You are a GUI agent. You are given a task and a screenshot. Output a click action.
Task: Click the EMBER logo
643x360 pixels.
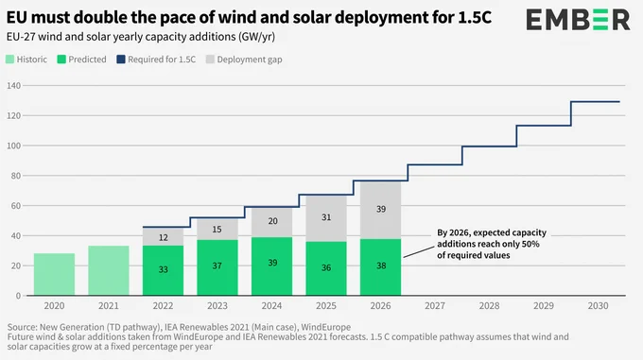[578, 19]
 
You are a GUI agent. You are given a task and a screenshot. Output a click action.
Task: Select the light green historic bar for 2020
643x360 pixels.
[54, 274]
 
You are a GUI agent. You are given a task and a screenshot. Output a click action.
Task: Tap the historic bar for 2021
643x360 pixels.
[109, 270]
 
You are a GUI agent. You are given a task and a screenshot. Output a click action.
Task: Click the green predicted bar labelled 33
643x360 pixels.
[163, 270]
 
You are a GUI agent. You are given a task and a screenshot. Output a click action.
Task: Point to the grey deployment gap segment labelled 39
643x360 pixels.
[380, 210]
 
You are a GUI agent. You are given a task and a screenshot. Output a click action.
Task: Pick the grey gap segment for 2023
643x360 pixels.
[217, 230]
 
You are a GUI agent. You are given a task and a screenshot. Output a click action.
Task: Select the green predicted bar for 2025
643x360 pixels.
[326, 268]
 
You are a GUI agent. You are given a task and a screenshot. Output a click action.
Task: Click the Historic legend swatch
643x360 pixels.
[9, 60]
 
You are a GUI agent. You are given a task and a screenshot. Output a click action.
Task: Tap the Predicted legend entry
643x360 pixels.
[82, 60]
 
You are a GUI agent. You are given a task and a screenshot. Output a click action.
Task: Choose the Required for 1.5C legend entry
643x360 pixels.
[156, 60]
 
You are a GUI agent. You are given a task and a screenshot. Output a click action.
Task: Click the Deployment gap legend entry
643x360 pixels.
[244, 60]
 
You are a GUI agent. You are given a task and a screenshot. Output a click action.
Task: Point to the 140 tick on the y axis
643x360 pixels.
[13, 86]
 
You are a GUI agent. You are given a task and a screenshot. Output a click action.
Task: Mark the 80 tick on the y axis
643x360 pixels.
[15, 176]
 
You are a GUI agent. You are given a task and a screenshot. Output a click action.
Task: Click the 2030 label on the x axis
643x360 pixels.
[598, 306]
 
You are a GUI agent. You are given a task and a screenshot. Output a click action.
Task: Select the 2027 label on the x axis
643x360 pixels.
[435, 306]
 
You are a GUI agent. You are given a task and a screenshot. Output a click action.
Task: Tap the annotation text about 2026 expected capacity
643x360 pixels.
[492, 244]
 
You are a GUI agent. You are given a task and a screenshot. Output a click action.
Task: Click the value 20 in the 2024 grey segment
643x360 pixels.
[272, 221]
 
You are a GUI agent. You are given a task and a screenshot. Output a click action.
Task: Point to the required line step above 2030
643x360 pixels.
[595, 101]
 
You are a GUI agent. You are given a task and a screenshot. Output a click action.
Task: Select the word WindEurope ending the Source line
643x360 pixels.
[326, 327]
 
